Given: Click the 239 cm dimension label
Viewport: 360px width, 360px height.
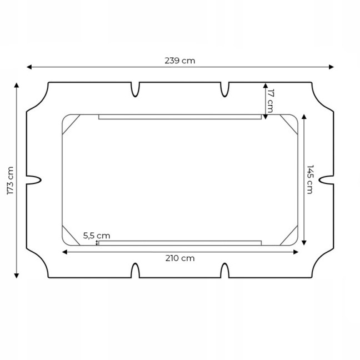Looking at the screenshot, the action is [180, 61].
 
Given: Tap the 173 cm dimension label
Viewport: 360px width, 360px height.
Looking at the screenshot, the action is [11, 181].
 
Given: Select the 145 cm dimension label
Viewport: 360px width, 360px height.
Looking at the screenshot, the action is [310, 179].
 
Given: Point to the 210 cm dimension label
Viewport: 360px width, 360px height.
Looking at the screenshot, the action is [180, 258].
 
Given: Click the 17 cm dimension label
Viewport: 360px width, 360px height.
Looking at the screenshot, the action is [270, 101].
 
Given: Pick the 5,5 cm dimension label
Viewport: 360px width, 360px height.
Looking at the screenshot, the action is [97, 236].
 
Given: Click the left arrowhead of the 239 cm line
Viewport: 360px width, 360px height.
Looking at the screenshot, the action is [29, 67].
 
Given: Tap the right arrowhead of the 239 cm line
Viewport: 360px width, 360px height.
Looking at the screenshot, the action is [331, 67].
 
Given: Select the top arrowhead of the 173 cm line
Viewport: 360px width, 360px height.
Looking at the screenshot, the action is [16, 85].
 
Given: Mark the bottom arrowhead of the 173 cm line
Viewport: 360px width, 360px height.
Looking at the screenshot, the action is [16, 276].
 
